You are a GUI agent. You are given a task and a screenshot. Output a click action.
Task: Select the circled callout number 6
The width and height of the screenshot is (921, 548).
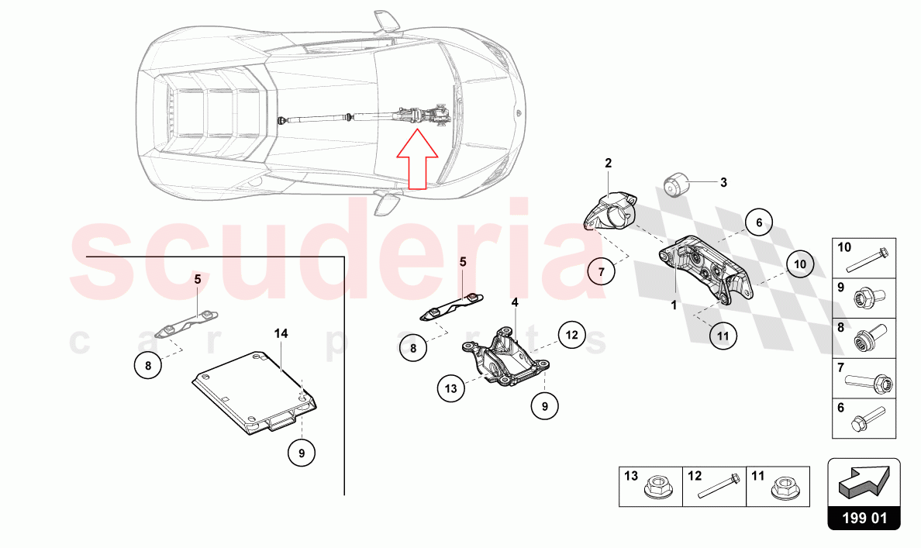[x=759, y=222]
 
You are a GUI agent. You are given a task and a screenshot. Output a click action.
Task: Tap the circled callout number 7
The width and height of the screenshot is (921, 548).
[x=602, y=272]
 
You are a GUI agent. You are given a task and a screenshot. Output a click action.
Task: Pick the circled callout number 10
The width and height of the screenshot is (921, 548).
[x=800, y=264]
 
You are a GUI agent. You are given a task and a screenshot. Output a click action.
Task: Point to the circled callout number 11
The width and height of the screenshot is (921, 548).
[x=723, y=336]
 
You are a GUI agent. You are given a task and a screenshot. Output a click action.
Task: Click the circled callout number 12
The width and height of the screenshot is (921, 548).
[x=571, y=335]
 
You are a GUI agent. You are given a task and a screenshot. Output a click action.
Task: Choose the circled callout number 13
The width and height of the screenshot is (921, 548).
[x=450, y=388]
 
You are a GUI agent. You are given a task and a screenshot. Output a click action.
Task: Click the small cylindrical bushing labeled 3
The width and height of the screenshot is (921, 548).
[x=675, y=185]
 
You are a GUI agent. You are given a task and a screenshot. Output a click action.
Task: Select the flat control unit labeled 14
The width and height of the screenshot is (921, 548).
[x=254, y=393]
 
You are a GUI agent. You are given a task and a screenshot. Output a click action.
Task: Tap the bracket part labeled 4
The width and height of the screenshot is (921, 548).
[x=505, y=357]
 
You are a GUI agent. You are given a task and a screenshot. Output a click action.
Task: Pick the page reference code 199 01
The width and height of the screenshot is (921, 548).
[x=864, y=518]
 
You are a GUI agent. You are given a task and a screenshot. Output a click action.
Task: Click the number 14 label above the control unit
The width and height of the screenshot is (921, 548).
[x=281, y=333]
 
